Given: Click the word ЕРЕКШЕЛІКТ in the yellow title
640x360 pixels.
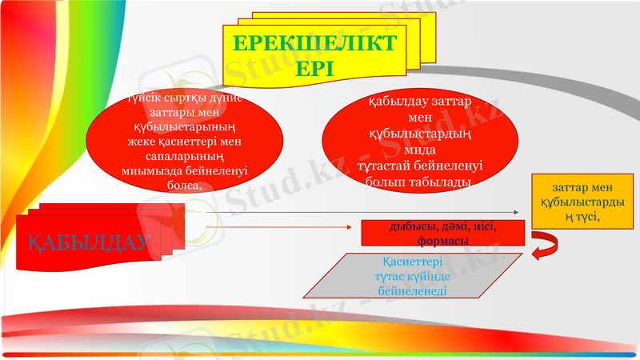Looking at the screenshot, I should (313, 43).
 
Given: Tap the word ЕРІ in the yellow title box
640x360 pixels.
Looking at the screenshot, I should (313, 69).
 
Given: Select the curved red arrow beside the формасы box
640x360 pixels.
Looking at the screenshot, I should (546, 243).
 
